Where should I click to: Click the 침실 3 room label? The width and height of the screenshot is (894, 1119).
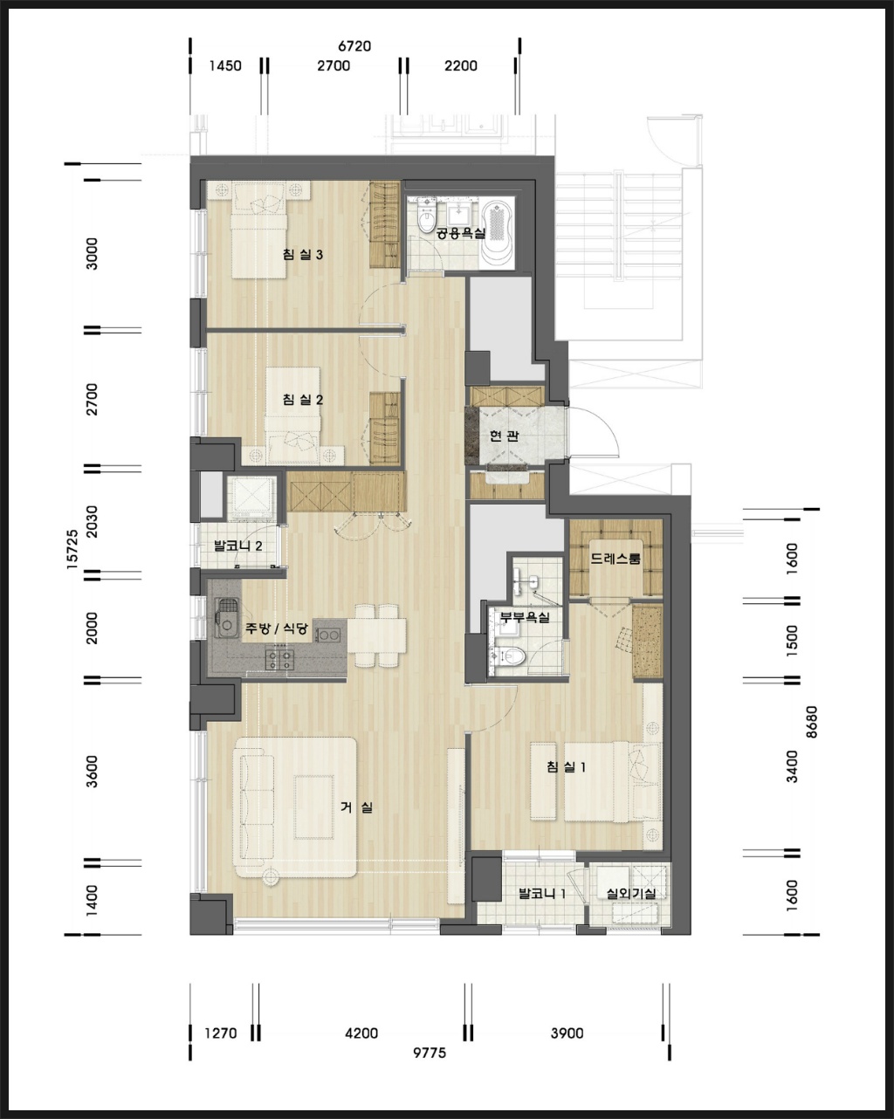click(x=303, y=254)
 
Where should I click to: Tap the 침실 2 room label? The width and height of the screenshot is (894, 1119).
click(x=303, y=400)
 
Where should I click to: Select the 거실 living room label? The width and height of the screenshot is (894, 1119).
click(x=356, y=807)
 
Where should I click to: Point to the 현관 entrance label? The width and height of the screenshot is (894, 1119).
click(x=504, y=436)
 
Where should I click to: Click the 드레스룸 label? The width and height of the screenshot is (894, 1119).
click(x=615, y=559)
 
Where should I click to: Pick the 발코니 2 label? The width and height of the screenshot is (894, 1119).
click(x=237, y=546)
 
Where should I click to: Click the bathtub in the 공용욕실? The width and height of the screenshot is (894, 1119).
click(x=498, y=232)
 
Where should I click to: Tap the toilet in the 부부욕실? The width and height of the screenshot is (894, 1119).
click(x=512, y=656)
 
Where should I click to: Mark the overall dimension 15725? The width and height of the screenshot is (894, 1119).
click(x=72, y=550)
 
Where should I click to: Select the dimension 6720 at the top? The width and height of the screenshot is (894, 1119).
click(x=354, y=46)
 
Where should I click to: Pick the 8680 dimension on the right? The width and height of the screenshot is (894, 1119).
click(x=812, y=722)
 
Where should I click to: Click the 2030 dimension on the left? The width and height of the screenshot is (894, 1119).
click(x=92, y=522)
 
